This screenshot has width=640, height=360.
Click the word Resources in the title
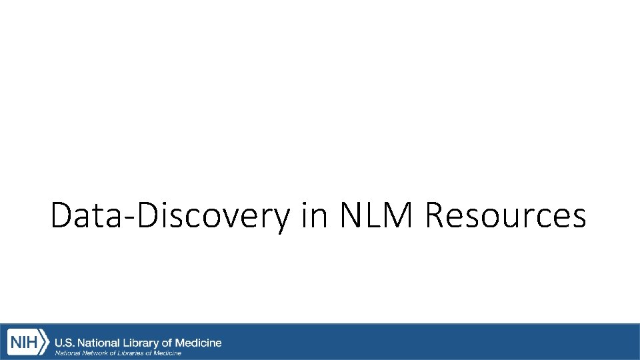pyautogui.click(x=505, y=216)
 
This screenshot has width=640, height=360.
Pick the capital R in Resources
pyautogui.click(x=437, y=216)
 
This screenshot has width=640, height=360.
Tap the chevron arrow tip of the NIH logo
pyautogui.click(x=47, y=343)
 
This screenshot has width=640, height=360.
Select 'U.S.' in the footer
pyautogui.click(x=64, y=343)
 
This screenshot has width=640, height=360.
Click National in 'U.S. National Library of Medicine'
pyautogui.click(x=105, y=343)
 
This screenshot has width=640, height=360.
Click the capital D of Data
pyautogui.click(x=61, y=216)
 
